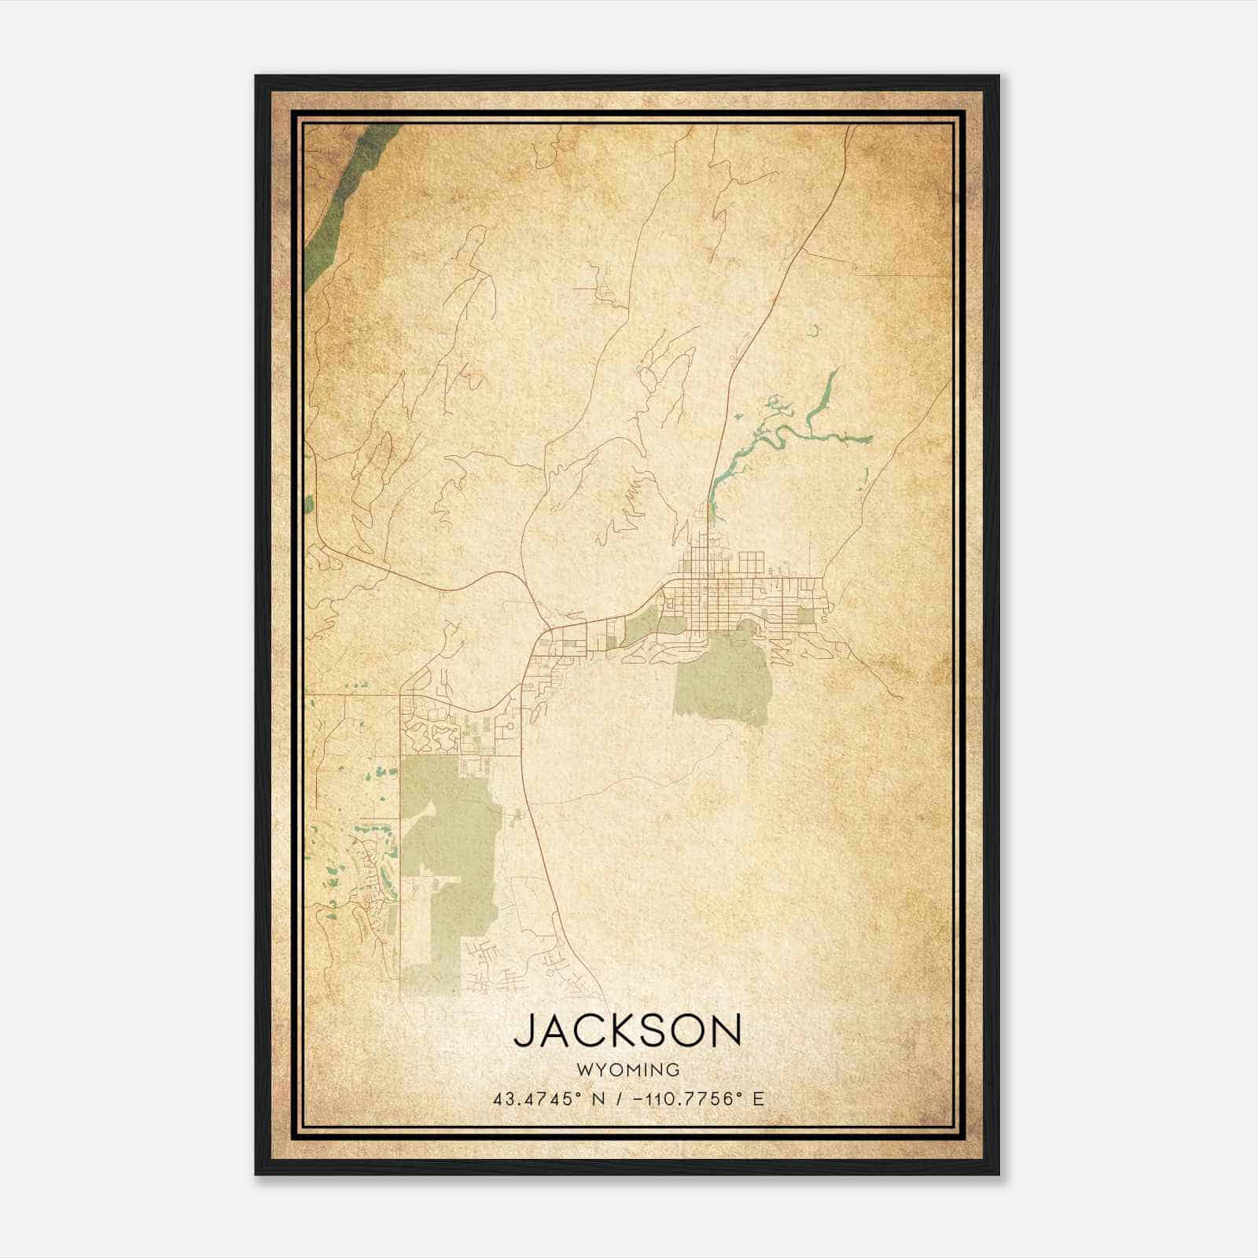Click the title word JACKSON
627,1031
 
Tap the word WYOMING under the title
627,1069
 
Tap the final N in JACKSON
727,1031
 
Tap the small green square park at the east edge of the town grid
807,615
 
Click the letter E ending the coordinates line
757,1099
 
